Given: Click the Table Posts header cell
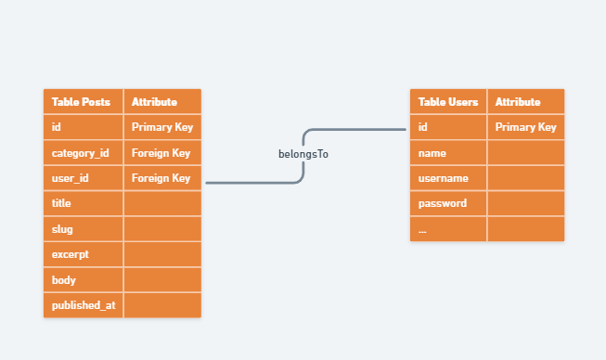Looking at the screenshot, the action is [x=84, y=101].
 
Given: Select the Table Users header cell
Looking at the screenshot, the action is [x=448, y=101].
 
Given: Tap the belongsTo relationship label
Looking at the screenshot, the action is [x=303, y=154].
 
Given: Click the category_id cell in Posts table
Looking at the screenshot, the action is [x=84, y=153].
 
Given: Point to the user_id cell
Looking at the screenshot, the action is [x=84, y=178].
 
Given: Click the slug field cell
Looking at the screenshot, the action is [x=84, y=229].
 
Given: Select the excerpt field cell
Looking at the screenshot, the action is [x=84, y=254].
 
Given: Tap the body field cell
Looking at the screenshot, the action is [x=84, y=280].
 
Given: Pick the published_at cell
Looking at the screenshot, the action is [x=84, y=305].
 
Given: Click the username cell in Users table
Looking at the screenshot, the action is [x=448, y=178].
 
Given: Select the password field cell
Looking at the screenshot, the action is [x=448, y=203].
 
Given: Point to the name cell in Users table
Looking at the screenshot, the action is [x=448, y=153].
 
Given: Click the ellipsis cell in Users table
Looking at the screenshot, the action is [x=448, y=229].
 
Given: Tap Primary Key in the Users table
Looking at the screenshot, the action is [x=526, y=127].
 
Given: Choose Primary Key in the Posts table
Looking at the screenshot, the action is [x=162, y=127].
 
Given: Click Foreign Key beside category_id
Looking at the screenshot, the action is [x=162, y=153].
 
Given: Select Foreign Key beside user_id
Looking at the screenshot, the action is [x=162, y=178].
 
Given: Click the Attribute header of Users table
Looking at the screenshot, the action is [x=526, y=101].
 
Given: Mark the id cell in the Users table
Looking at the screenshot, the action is [x=448, y=127].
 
